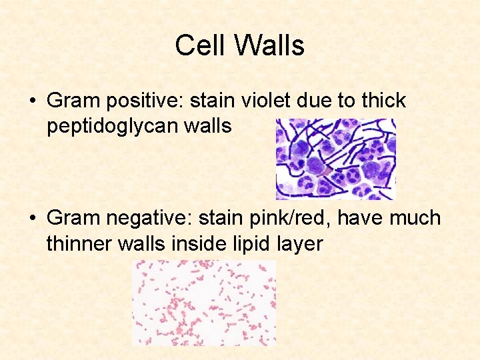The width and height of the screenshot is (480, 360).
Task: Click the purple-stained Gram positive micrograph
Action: point(336,159)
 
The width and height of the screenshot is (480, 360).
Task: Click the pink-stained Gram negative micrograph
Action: point(204,302)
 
